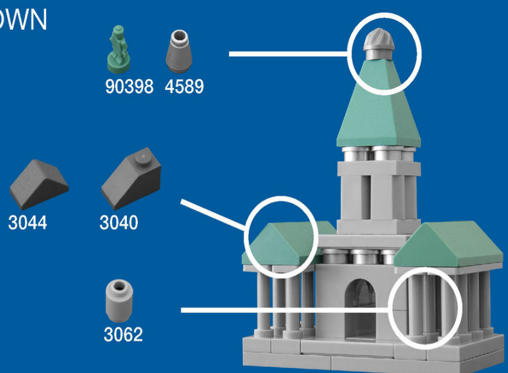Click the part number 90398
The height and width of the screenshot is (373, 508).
129,87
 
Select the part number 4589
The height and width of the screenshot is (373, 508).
184,87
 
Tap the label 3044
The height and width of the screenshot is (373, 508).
27,223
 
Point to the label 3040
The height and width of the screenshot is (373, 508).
118,223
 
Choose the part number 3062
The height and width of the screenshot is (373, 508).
123,334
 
